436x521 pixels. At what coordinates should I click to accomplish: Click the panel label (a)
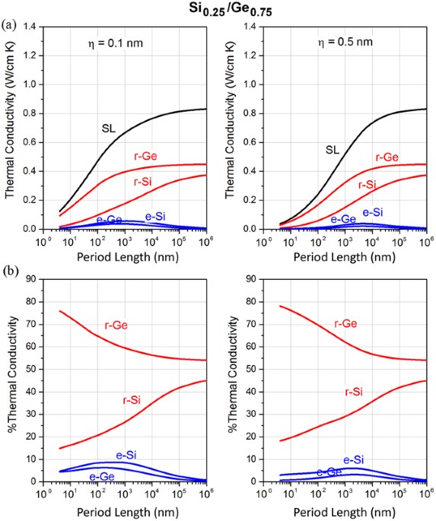9,23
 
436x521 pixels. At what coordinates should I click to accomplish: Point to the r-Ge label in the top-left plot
142,156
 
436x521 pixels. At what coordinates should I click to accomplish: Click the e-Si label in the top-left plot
157,216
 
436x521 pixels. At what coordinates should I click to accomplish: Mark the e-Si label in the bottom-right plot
353,459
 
